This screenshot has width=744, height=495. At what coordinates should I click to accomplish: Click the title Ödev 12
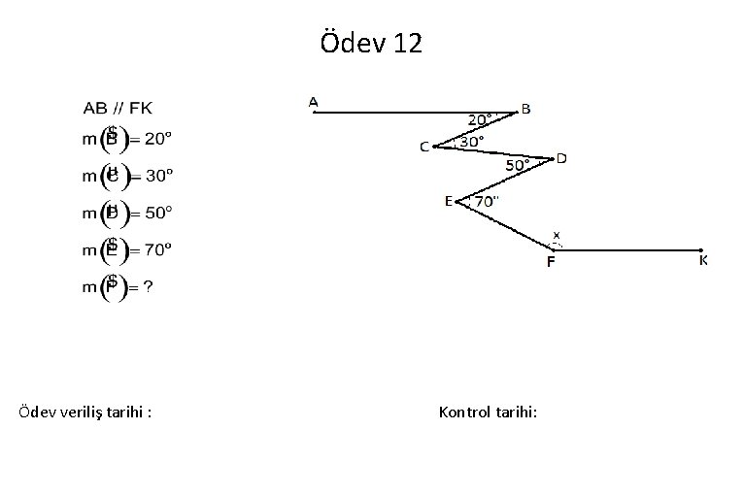coord(371,43)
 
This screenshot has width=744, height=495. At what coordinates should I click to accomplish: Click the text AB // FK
coord(118,107)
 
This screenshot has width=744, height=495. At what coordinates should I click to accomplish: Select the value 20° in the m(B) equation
coord(158,138)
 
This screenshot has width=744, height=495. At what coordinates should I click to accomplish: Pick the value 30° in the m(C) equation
coord(158,176)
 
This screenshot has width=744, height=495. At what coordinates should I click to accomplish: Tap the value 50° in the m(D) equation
coord(158,213)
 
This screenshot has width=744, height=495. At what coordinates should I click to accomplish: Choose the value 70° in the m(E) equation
coord(158,249)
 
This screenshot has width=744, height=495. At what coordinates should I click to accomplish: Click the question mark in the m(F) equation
coord(148,286)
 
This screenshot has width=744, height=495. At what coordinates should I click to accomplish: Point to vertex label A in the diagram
coord(314,100)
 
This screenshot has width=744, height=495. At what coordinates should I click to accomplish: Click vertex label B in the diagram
coord(526,109)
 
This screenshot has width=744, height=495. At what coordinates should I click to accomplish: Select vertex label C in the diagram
coord(424,147)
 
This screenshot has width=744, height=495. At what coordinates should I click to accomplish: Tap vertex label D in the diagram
coord(561,158)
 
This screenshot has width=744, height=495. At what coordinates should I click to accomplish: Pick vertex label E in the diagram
coord(449,201)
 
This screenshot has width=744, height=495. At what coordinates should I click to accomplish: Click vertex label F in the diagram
coord(551,261)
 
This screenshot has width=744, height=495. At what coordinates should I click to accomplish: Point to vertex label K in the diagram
coord(703,260)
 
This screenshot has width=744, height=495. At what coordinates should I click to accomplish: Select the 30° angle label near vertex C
coord(472,142)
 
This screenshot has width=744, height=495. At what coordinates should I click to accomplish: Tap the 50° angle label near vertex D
coord(518,166)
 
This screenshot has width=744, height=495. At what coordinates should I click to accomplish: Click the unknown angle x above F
coord(557,234)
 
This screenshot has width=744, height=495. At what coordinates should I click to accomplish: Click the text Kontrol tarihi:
coord(488,412)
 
